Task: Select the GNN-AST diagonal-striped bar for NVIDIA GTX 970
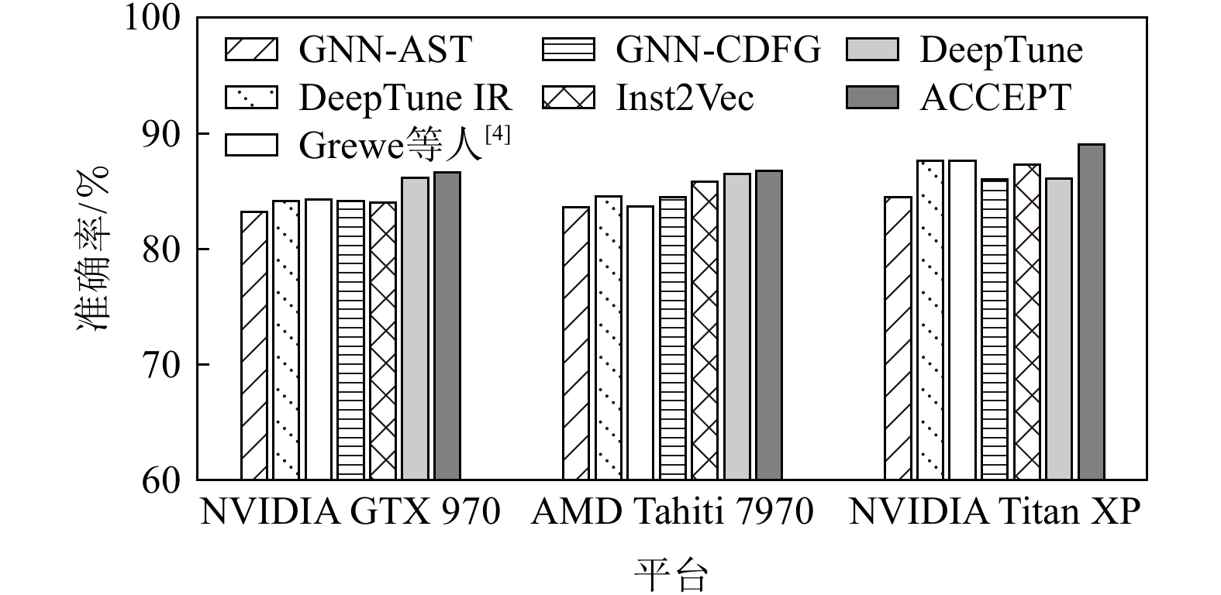point(254,346)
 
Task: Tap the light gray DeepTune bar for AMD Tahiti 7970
point(736,326)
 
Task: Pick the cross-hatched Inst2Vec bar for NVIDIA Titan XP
point(1026,322)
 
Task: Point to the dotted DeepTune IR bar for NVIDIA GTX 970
point(285,340)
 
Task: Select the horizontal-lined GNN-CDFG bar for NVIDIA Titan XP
point(995,329)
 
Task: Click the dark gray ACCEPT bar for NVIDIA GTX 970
point(447,325)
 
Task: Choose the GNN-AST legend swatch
point(251,50)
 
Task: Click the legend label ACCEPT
point(995,98)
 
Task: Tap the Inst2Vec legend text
point(685,98)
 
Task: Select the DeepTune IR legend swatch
point(251,98)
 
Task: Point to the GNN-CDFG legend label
point(718,50)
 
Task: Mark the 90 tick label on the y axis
point(161,134)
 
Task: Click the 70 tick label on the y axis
point(161,365)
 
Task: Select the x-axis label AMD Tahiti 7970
point(672,513)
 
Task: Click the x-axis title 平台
point(671,574)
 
